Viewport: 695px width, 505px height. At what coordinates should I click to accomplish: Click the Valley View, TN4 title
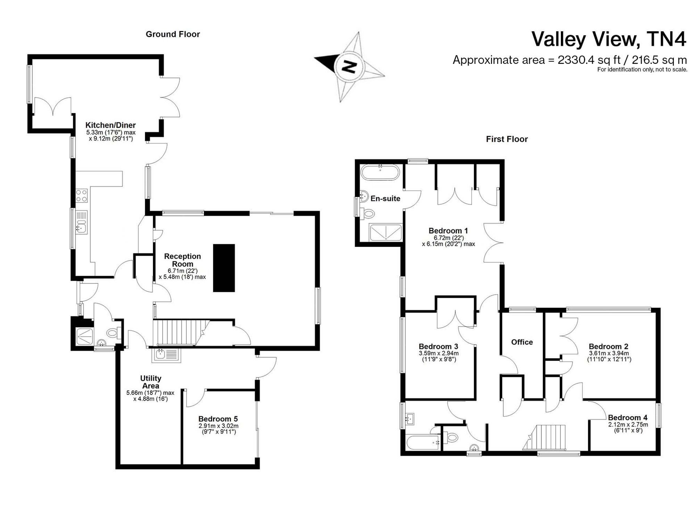point(609,39)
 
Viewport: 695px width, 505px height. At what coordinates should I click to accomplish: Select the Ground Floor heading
point(173,34)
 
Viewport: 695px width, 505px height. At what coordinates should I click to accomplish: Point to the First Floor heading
point(507,139)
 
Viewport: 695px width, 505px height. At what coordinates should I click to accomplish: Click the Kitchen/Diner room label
point(111,125)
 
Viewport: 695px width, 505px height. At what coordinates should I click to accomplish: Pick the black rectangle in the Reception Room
point(224,268)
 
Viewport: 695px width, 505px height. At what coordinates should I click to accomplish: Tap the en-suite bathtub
point(381,172)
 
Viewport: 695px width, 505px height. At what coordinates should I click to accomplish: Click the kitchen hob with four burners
point(82,196)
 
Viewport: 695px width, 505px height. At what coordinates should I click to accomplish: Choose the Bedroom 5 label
point(218,419)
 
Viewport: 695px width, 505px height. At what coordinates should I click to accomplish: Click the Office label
point(522,342)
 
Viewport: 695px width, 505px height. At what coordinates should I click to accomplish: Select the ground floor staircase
point(181,332)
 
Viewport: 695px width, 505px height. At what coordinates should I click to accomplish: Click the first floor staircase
point(545,437)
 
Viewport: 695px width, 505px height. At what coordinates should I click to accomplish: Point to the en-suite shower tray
point(386,233)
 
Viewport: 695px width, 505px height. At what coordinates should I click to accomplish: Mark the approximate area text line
point(570,60)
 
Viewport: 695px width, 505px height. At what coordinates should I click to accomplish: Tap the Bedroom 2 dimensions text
point(609,356)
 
